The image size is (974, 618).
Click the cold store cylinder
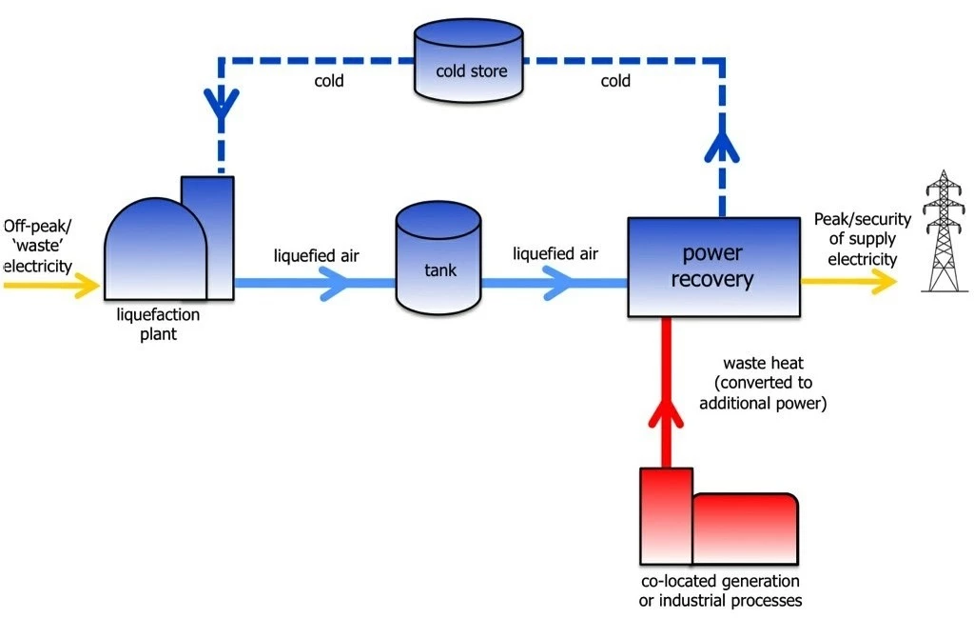(470, 61)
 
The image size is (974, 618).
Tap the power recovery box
(712, 267)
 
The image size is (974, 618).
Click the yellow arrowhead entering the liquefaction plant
(88, 282)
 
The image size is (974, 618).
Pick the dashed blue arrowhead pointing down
(221, 102)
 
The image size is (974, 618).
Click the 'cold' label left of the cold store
(329, 81)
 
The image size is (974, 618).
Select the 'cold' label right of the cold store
(615, 81)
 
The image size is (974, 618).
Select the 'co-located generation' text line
(719, 581)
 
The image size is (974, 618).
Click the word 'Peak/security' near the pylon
(862, 220)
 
